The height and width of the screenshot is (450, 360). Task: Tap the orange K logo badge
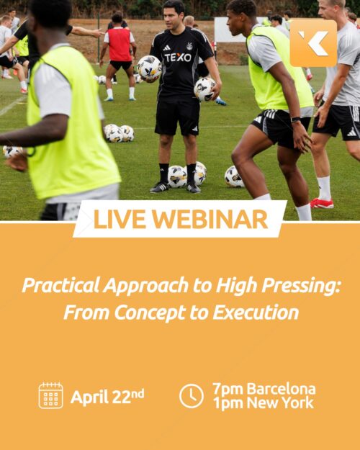313,43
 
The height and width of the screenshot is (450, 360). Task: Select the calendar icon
50,395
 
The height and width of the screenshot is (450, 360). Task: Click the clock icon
191,395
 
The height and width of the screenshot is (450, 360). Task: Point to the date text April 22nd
107,396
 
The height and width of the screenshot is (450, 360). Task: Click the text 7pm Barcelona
264,390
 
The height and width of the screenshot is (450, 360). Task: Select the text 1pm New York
263,403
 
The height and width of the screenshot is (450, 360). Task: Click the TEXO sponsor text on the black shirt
178,57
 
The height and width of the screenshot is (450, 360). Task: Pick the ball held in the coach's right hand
149,68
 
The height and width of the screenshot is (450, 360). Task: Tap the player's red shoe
322,203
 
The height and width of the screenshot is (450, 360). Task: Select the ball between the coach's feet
177,176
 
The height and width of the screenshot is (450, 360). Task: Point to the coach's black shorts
176,115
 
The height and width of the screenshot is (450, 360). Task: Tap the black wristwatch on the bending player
295,119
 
